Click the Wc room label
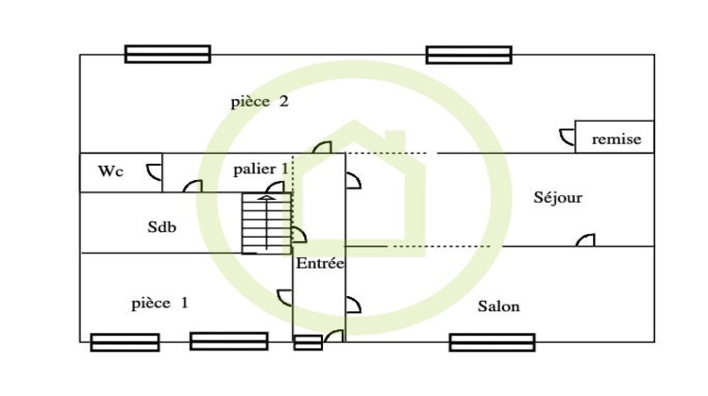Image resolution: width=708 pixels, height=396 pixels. point(110,172)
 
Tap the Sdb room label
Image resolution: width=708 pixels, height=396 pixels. point(161,227)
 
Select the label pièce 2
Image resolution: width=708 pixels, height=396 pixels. point(260,102)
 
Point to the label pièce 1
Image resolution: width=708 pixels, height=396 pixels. point(160,304)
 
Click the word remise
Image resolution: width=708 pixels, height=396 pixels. point(616,140)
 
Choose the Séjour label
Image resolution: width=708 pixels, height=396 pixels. point(558,198)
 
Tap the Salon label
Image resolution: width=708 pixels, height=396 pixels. point(498,306)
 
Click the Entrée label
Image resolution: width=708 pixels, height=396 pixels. point(320,263)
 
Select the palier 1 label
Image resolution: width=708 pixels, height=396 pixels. point(261,169)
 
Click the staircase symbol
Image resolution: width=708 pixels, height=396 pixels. point(266,223)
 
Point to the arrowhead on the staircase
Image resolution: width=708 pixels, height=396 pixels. point(266,197)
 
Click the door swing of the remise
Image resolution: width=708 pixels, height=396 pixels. point(567,137)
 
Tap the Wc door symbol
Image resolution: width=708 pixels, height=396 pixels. point(154,173)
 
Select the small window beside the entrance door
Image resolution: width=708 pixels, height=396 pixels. point(308,342)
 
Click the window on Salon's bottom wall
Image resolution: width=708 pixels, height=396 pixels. point(492,342)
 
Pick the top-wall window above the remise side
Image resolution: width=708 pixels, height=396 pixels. point(468,55)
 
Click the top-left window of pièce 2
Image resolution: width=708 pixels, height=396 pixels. point(167,54)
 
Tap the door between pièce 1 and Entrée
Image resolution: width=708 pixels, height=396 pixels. point(284,298)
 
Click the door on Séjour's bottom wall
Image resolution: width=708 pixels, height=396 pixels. point(585,239)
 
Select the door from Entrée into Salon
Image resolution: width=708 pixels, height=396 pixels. point(353,305)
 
